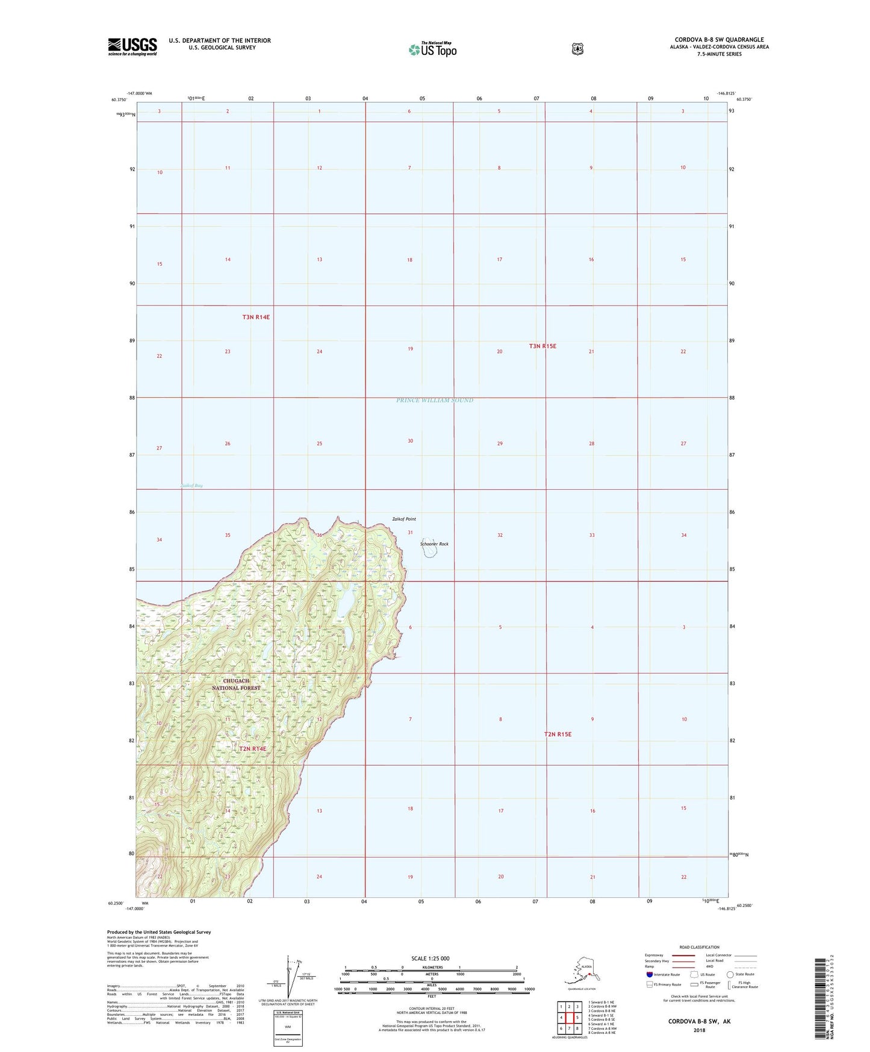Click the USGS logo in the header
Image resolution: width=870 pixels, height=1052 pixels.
pos(132,46)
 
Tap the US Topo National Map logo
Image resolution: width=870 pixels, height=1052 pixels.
pos(432,49)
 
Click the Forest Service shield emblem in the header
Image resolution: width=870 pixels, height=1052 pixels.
pos(577,49)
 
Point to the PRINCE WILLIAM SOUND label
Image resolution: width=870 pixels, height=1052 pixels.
pos(435,400)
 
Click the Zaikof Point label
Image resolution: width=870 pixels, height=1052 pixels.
pos(403,519)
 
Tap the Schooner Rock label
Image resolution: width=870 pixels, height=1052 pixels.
pos(434,544)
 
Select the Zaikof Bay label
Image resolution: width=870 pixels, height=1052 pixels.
pos(191,486)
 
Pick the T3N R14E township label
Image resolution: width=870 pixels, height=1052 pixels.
pos(256,317)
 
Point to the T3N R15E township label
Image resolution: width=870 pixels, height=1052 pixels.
pos(542,346)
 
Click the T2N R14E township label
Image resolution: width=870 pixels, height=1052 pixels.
pos(252,749)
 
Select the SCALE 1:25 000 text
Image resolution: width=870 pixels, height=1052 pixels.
pos(430,958)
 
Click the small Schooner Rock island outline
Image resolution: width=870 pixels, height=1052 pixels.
pos(430,553)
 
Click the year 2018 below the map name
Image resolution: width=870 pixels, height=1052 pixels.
pos(699,1030)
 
